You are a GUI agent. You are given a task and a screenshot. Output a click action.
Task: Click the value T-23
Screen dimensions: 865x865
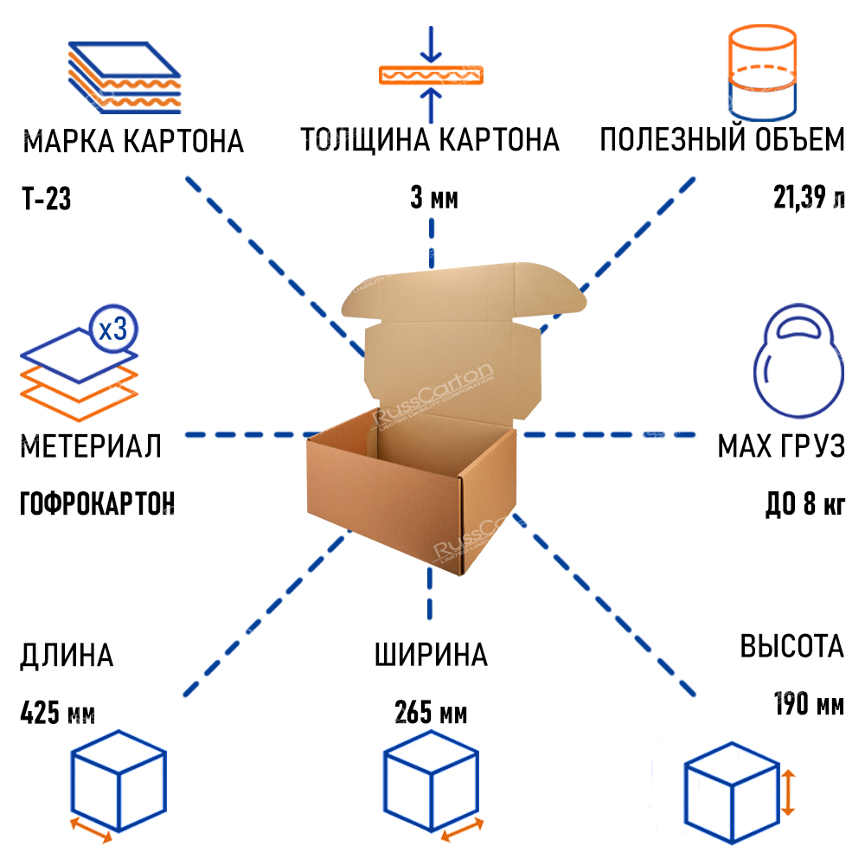coord(45,200)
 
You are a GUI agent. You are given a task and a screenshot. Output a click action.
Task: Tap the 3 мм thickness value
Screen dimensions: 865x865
coord(433,200)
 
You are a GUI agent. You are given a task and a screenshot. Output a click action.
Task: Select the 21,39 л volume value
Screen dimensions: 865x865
coord(809,200)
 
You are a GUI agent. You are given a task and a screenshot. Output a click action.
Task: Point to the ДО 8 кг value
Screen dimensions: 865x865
coord(804,504)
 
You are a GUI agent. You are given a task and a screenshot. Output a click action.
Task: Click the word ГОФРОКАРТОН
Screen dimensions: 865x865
coord(97,503)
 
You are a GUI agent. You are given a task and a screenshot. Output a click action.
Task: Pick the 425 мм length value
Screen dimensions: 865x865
coord(56,714)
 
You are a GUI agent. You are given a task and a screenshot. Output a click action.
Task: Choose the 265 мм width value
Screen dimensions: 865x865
coord(431,714)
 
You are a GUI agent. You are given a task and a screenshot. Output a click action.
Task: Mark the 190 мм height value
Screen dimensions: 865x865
coord(808,704)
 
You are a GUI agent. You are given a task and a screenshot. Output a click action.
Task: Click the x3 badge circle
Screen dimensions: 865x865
coord(113,329)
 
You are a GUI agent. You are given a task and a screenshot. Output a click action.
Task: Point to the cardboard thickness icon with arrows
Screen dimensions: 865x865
coord(431,74)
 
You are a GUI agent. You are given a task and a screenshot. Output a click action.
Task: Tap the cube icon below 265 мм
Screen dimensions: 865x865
coord(430,783)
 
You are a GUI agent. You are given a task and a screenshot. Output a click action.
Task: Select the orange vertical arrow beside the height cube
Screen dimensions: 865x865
coord(788,793)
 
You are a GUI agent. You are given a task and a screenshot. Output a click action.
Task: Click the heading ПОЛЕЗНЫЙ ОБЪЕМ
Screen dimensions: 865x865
coord(722,139)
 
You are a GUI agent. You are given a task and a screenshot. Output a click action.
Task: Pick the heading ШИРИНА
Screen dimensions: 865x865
coord(431,655)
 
